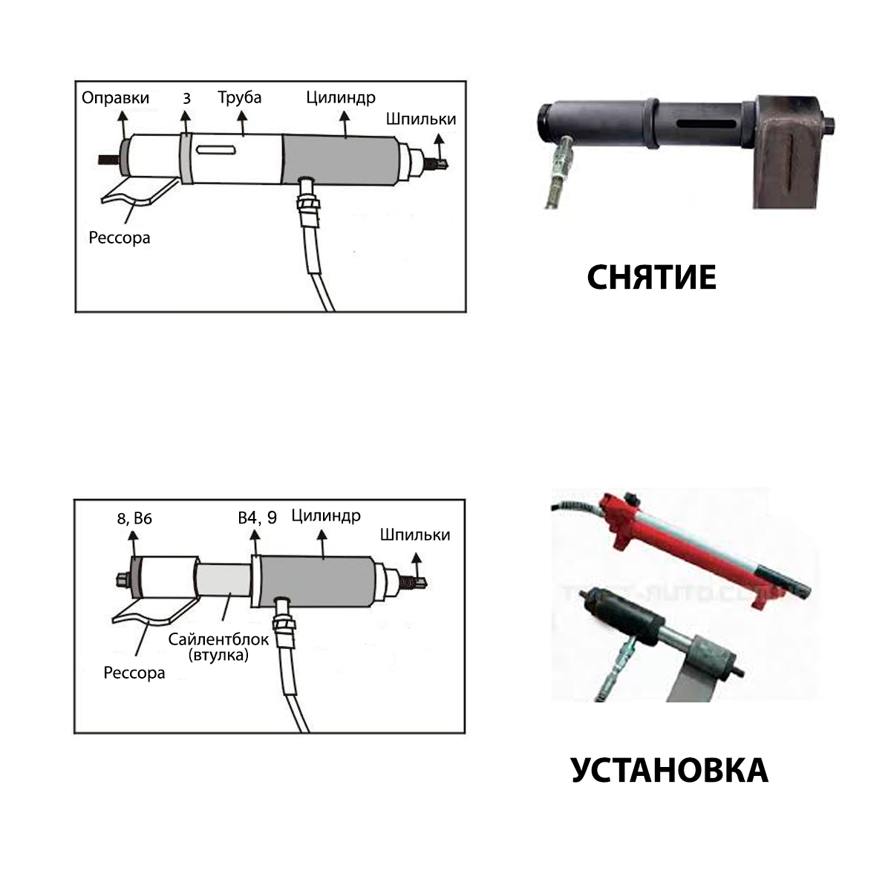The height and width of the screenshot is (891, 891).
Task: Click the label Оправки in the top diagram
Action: [x=116, y=98]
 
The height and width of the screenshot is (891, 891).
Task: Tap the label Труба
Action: [x=240, y=97]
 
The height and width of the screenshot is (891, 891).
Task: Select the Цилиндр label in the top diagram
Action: [x=341, y=97]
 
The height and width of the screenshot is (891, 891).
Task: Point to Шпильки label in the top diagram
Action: [x=421, y=119]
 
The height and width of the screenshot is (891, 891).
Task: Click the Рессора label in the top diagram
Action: [x=120, y=238]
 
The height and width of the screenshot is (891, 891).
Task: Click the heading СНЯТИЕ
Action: [x=651, y=278]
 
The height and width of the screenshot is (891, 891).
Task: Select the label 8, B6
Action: [x=134, y=519]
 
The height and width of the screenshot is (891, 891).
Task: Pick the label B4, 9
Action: [x=258, y=518]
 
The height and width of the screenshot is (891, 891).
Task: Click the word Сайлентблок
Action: [x=218, y=639]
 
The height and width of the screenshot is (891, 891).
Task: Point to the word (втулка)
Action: [x=218, y=655]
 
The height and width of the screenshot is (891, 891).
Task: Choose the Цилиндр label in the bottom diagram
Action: [x=326, y=516]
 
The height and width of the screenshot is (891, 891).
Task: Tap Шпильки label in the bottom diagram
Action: [x=415, y=535]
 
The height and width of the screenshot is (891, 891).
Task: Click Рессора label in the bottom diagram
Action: [x=134, y=673]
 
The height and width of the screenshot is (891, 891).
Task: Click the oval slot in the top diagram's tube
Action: [x=216, y=150]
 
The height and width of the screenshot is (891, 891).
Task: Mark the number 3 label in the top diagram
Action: [x=186, y=98]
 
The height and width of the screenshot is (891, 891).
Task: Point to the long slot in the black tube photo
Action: [x=706, y=124]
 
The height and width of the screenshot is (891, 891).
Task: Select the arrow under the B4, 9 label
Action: [x=255, y=543]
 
